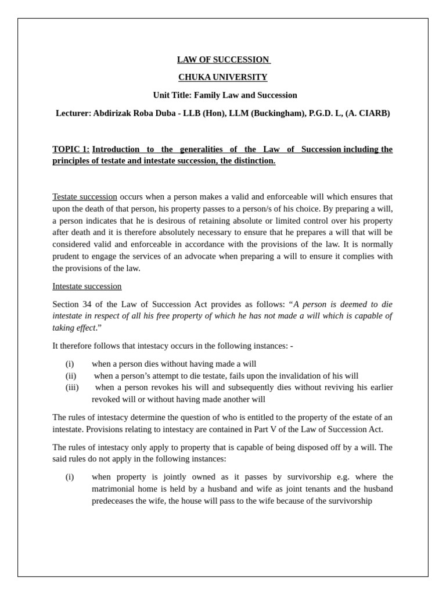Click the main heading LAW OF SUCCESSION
point(223,59)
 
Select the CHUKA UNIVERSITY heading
point(223,77)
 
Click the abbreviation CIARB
point(373,113)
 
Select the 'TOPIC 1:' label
point(71,149)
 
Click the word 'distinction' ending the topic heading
point(253,161)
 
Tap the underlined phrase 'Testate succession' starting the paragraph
point(85,197)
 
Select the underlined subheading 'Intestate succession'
point(87,286)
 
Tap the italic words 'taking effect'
point(73,328)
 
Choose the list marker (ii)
point(71,376)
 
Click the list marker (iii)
point(72,388)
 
